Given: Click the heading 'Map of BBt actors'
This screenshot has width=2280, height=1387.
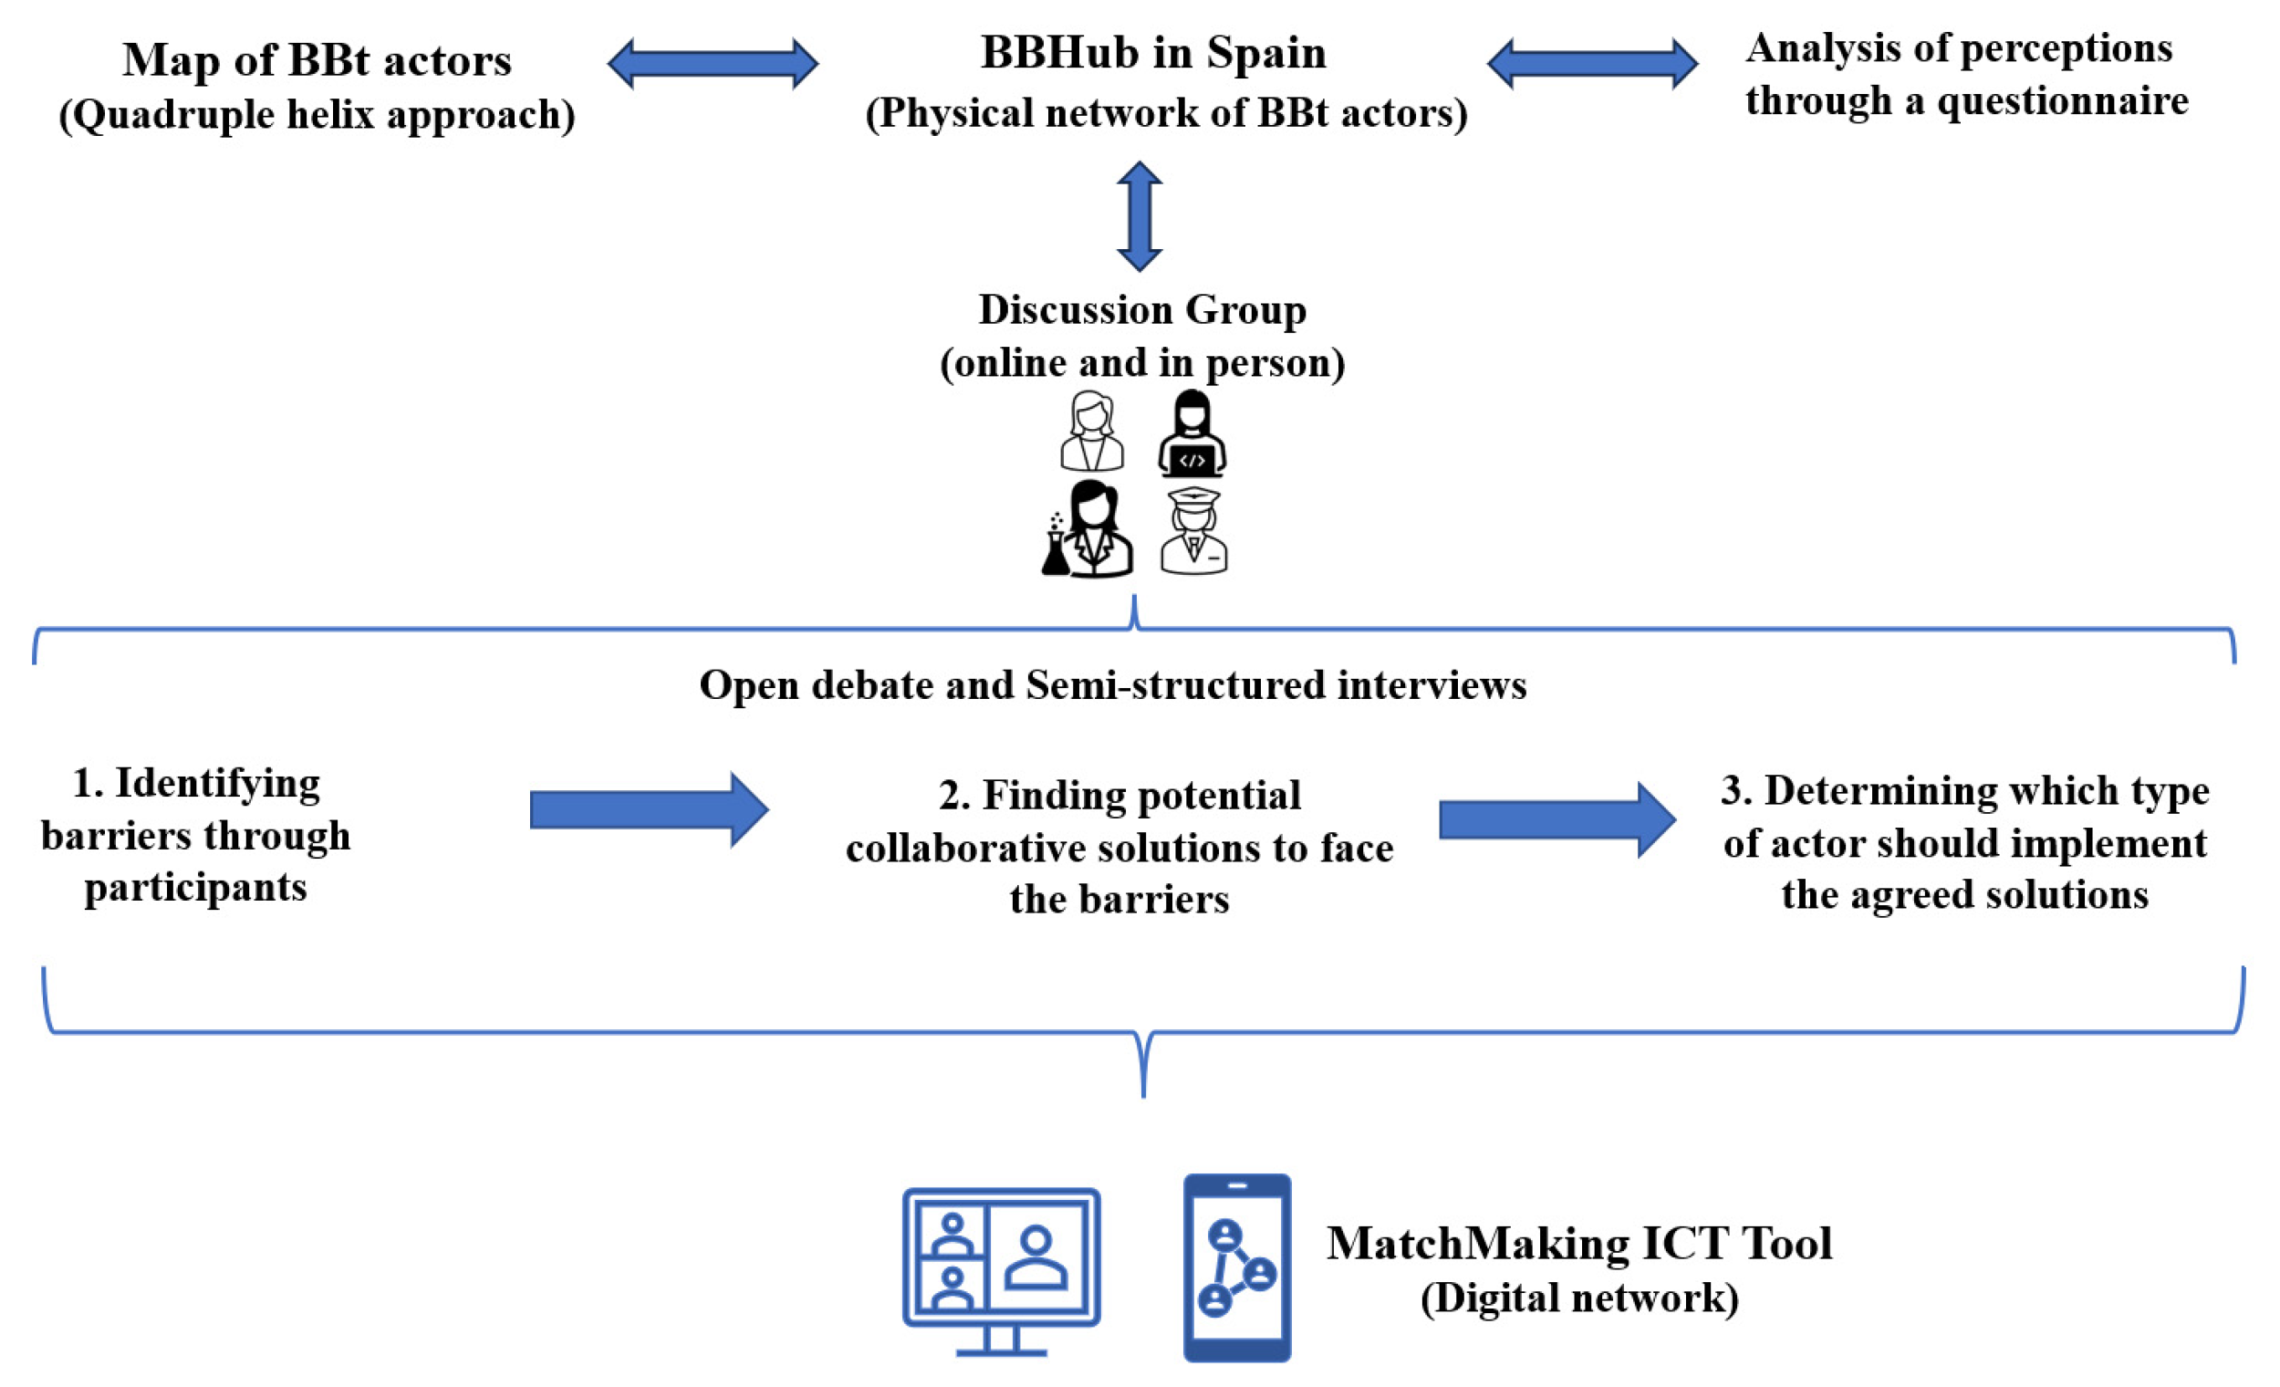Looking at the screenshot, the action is coord(317,60).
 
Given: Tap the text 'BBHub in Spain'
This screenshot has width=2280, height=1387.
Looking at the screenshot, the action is coord(1154,53).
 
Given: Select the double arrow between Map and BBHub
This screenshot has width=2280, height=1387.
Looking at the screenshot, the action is coord(713,64).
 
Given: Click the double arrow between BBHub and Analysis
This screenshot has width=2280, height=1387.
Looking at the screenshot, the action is coord(1592,64).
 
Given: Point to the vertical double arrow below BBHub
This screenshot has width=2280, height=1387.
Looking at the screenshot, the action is coord(1139,216).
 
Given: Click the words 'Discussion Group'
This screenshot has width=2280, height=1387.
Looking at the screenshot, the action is coord(1143,310).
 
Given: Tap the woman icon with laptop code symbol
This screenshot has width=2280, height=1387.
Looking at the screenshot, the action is coord(1192,433).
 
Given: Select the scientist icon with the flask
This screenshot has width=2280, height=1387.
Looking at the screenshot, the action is coord(1088,529).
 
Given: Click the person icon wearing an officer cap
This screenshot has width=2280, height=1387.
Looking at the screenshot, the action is coord(1193,531).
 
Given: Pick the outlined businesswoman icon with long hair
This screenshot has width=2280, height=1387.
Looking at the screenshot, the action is coord(1092,432).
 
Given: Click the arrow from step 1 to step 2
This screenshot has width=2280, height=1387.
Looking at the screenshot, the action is coord(649,809).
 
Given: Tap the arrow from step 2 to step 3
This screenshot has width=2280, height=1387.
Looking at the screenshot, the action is coord(1557,819).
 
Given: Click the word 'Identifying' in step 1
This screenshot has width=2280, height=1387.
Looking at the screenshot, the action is coord(217,785).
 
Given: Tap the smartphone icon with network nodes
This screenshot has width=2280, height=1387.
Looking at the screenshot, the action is coord(1237,1268).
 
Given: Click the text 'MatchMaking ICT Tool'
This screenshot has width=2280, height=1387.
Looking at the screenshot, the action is coord(1579,1244).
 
